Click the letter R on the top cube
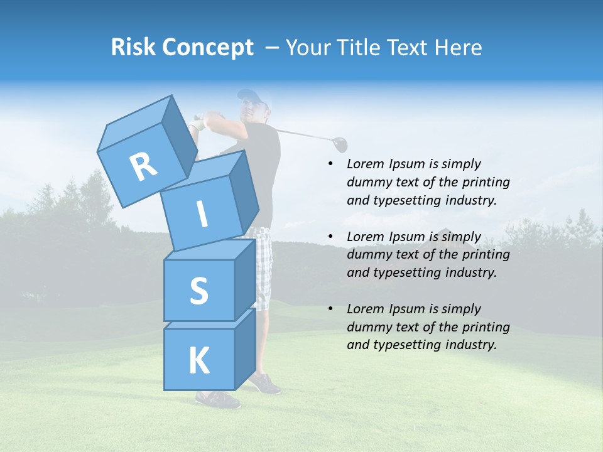click(143, 166)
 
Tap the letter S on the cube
click(198, 291)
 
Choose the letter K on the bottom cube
click(198, 361)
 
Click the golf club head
click(340, 144)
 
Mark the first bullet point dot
click(331, 164)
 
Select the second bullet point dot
click(331, 237)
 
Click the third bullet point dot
click(331, 309)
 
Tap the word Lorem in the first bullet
click(364, 164)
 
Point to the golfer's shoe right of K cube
click(265, 383)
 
